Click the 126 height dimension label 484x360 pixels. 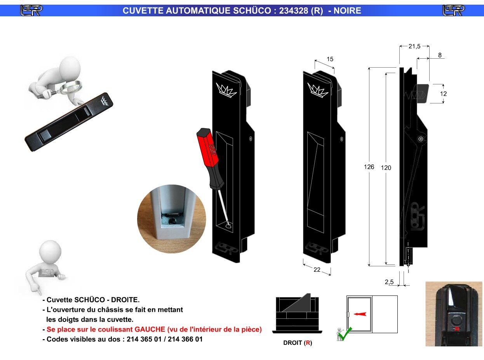(x=369, y=167)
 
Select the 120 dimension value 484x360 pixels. (x=386, y=168)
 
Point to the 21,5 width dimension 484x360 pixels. (x=414, y=46)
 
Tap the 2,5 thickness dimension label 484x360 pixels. (x=389, y=282)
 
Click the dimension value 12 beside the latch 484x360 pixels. (x=443, y=94)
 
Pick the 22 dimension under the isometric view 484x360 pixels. (x=317, y=269)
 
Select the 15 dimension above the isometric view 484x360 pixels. (x=330, y=59)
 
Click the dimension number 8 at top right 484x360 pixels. (x=440, y=55)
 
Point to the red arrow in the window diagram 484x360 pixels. (x=360, y=314)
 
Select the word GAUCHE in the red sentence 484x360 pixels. (x=150, y=329)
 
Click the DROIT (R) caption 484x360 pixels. (x=298, y=343)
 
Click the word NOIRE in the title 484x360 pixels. (x=347, y=10)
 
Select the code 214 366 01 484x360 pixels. (x=185, y=339)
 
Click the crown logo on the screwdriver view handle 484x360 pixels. (x=226, y=90)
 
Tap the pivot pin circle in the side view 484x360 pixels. (x=421, y=139)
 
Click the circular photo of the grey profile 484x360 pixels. (x=172, y=219)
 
